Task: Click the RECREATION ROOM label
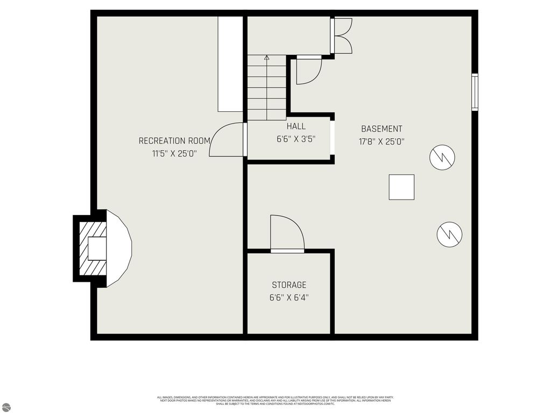pos(174,141)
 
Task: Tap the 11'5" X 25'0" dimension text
pos(174,153)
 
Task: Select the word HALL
pos(296,126)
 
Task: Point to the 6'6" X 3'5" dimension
pos(296,139)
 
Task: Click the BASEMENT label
pos(382,129)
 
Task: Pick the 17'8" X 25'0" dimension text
pos(382,142)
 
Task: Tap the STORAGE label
pos(289,285)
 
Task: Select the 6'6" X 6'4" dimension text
pos(289,297)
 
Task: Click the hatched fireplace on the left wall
pos(90,248)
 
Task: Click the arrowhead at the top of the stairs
pos(266,56)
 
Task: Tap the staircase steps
pos(266,89)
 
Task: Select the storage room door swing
pos(287,233)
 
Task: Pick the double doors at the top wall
pos(342,36)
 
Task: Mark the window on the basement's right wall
pos(475,92)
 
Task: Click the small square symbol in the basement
pos(401,187)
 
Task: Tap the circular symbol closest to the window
pos(442,157)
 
